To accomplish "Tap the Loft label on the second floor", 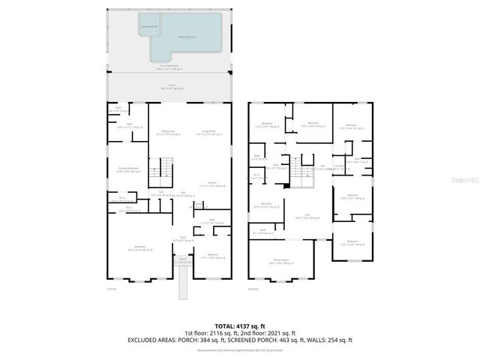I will point(307,215).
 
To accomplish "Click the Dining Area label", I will point(168,132).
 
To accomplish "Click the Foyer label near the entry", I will point(182,238).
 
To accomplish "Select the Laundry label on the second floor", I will point(338,167).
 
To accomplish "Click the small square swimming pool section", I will point(148,27).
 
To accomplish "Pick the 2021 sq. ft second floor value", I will point(281,332).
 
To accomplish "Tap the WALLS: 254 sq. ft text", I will point(331,340).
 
